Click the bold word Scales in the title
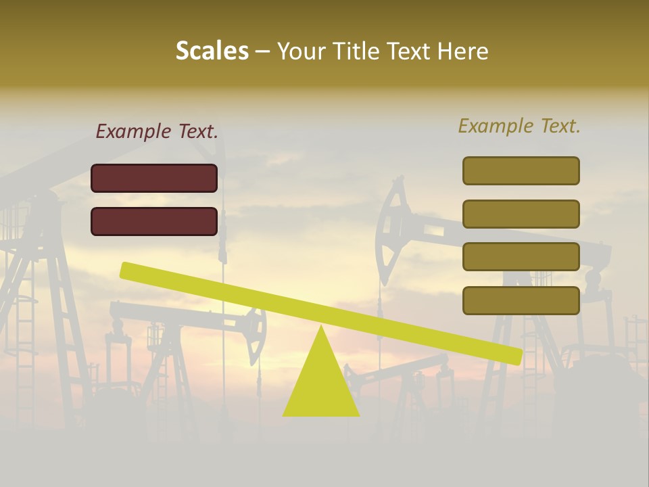click(x=212, y=51)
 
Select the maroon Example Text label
click(x=157, y=132)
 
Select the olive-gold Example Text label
click(x=519, y=126)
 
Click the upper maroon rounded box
click(x=154, y=179)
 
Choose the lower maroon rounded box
click(x=154, y=221)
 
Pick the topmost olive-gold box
click(x=521, y=170)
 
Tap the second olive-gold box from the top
click(x=521, y=214)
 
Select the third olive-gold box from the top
click(x=521, y=256)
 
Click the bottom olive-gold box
click(x=521, y=300)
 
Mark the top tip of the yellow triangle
click(x=321, y=327)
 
